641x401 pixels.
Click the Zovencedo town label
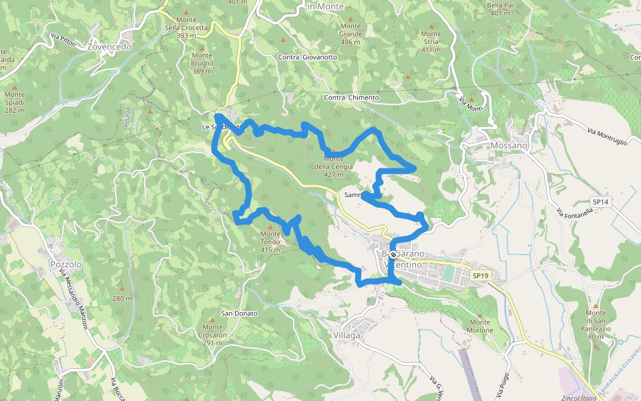[x=110, y=47]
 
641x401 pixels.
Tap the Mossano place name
[x=509, y=145]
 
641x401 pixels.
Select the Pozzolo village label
[x=65, y=264]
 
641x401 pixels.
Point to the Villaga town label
[x=347, y=335]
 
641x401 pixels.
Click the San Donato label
[x=239, y=313]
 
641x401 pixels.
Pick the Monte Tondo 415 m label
[x=270, y=241]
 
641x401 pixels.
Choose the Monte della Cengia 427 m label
[x=333, y=166]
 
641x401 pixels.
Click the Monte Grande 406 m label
[x=351, y=34]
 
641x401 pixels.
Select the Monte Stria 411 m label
[x=431, y=41]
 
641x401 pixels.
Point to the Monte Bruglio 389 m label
[x=202, y=63]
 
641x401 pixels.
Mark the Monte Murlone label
[x=480, y=326]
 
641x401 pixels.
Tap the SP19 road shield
[x=480, y=275]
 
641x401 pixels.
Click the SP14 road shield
[x=600, y=201]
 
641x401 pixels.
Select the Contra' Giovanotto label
[x=307, y=57]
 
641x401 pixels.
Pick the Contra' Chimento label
[x=351, y=98]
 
